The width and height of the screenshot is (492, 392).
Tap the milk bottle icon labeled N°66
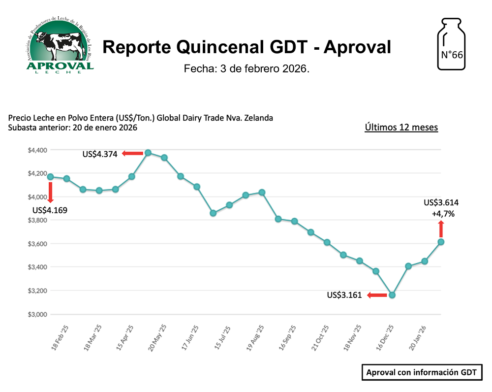pos(451,44)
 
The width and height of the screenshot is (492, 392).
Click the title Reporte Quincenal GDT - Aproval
pos(246,47)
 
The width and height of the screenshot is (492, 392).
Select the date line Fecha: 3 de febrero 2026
pos(246,69)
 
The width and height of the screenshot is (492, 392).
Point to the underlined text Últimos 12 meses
pos(401,128)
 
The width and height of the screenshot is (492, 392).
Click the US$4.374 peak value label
pos(100,154)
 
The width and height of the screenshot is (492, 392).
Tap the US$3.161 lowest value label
pos(344,295)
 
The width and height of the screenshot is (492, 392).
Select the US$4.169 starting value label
pos(50,210)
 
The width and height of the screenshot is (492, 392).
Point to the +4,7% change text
pos(443,214)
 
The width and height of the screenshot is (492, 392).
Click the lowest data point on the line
pos(392,295)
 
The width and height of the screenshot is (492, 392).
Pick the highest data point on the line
pos(148,153)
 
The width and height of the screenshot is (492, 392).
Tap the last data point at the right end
pos(441,242)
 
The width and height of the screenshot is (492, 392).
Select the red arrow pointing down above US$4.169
pos(50,192)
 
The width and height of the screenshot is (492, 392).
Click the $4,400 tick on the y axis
pos(37,150)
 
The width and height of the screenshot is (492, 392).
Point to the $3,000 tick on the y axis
pos(37,314)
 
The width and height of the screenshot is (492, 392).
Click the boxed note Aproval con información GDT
pos(422,372)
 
